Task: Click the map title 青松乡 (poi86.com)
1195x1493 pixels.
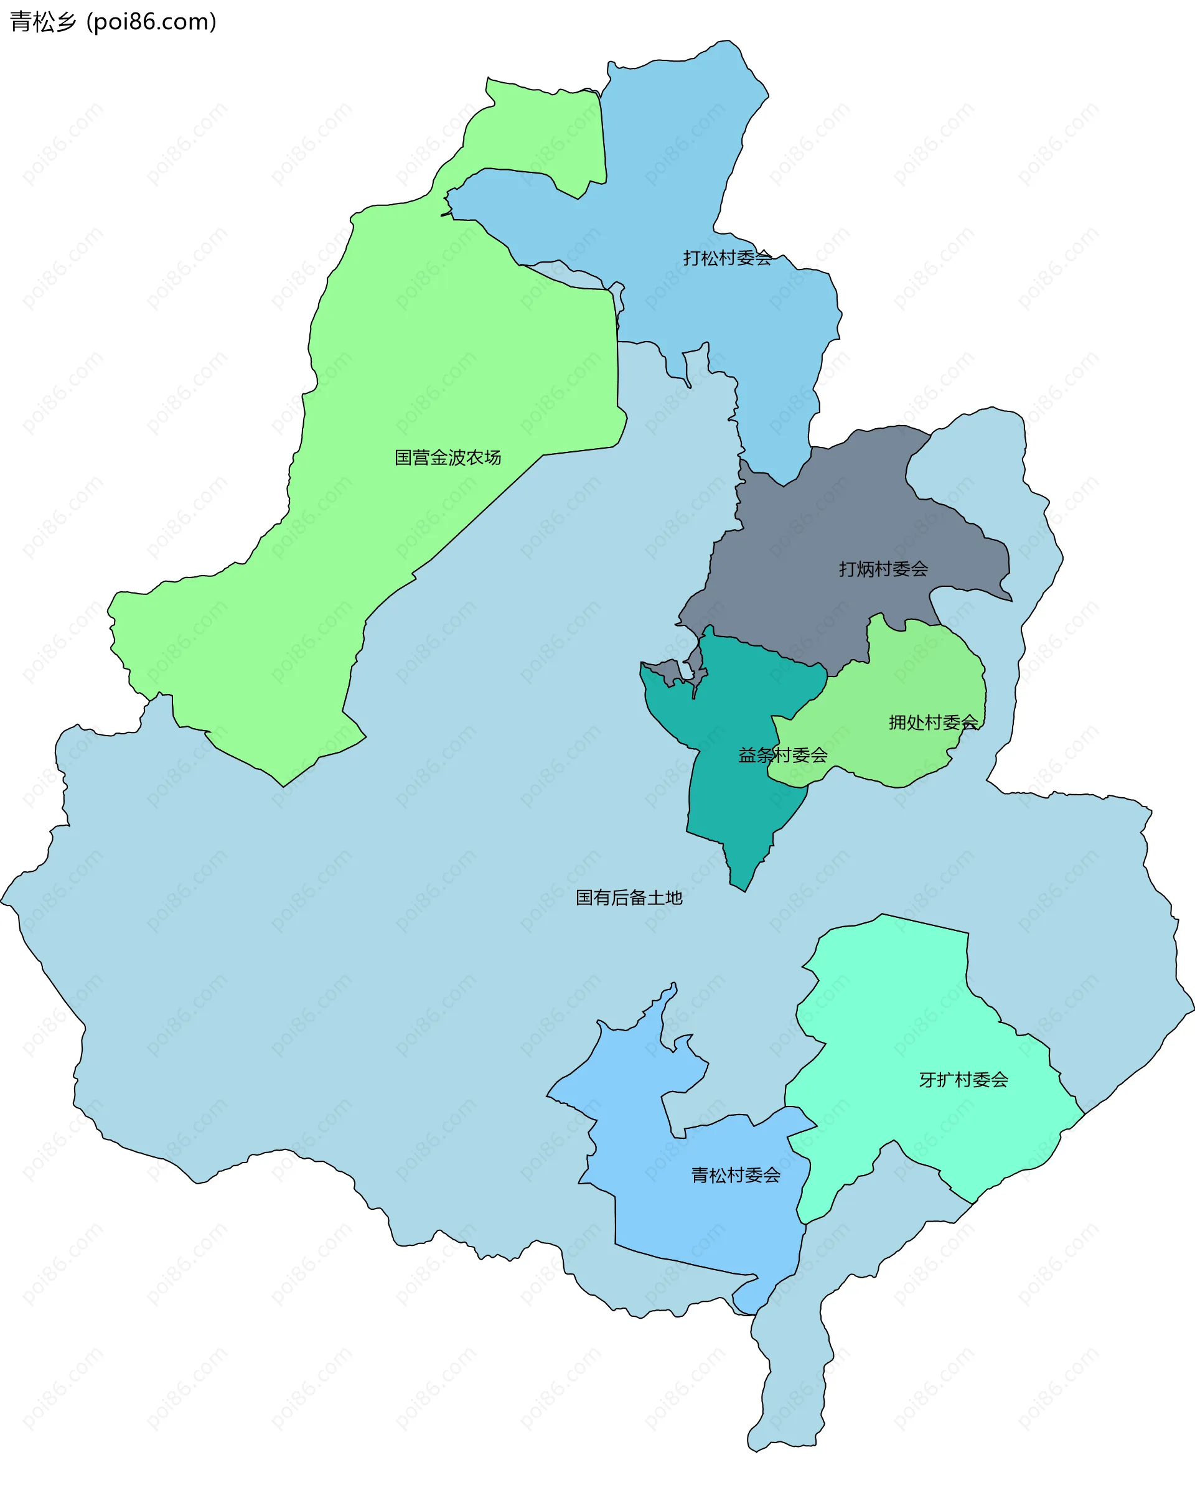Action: [113, 22]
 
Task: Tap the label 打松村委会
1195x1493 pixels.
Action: [727, 258]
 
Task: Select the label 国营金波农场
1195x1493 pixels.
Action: [448, 458]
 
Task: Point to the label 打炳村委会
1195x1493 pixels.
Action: [883, 569]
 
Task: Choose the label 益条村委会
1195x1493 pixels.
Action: [782, 756]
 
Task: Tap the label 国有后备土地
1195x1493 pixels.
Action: [629, 898]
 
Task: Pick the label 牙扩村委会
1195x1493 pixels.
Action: [963, 1080]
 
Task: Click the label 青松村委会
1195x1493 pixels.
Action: [735, 1175]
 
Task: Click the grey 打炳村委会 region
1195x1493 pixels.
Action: [831, 527]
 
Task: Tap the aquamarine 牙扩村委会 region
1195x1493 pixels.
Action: [900, 1004]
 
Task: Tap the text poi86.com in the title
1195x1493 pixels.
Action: [152, 22]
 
